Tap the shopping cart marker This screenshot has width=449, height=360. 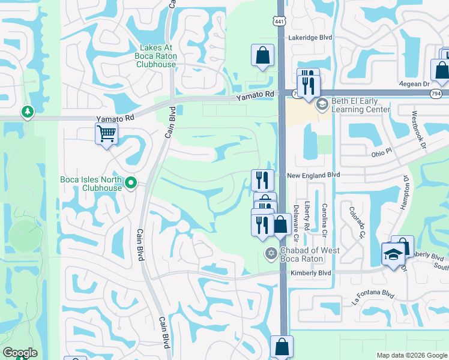coord(106,133)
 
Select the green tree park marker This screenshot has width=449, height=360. coord(27,112)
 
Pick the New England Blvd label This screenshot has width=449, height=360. coord(313,175)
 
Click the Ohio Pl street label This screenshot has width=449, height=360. coord(381,153)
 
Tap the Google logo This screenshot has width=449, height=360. coord(20,353)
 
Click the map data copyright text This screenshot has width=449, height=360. coord(411,355)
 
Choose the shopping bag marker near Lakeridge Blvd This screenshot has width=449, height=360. coord(263,56)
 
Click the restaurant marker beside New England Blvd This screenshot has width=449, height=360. coord(262,179)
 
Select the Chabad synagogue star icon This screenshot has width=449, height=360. coord(271,254)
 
